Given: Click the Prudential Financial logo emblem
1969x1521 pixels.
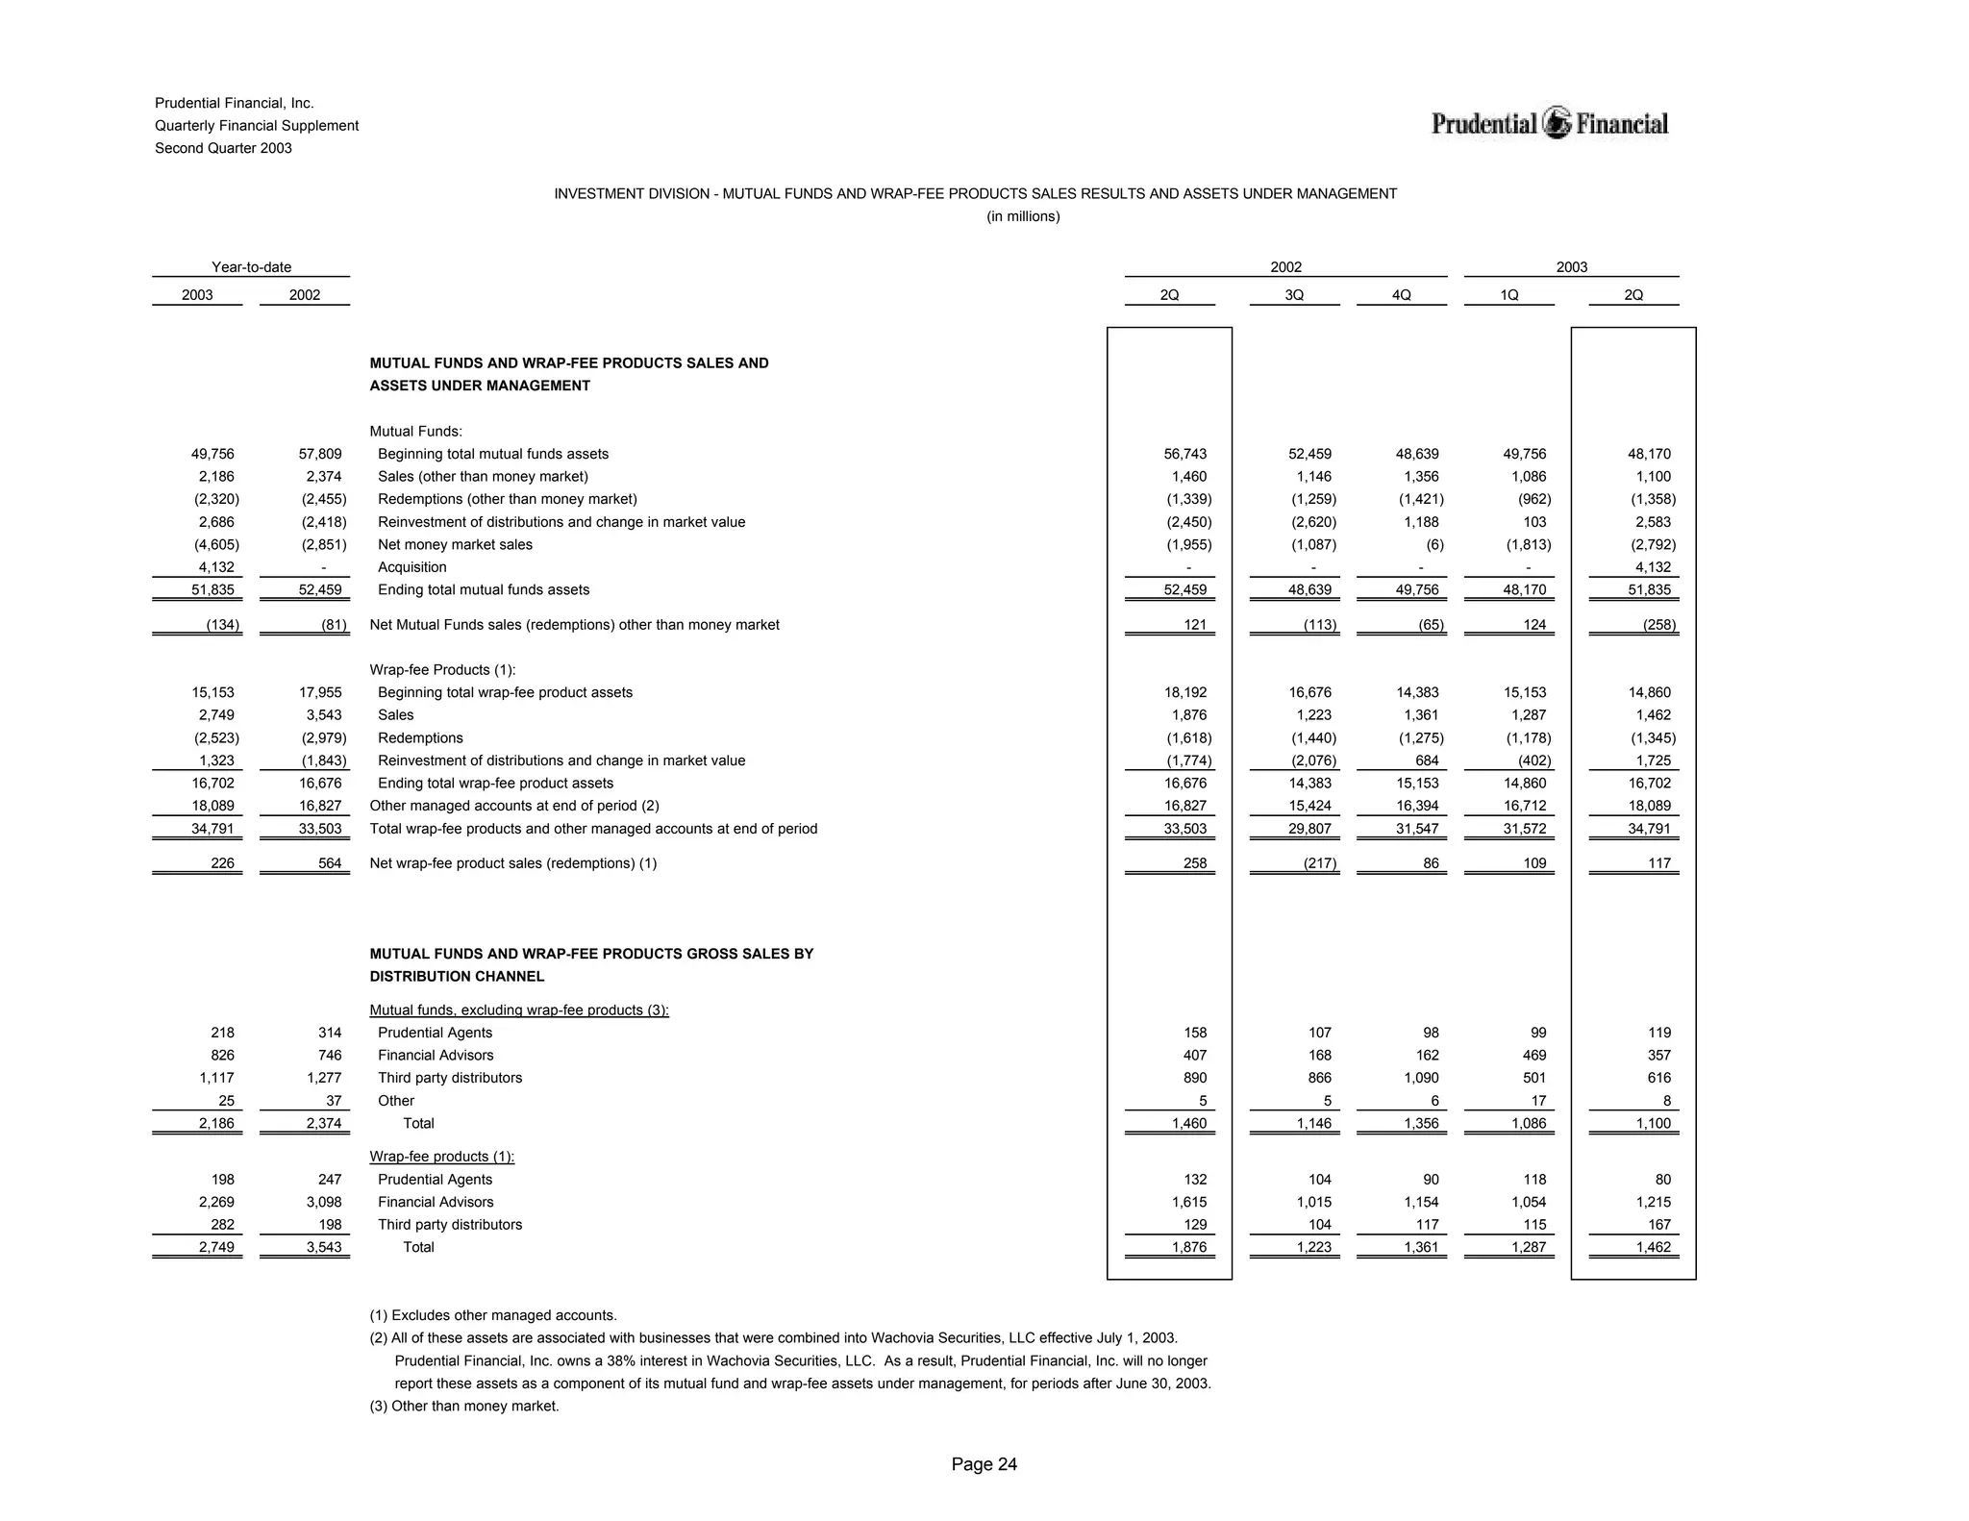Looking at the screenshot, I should [1557, 123].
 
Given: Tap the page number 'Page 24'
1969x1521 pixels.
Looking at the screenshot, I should [984, 1464].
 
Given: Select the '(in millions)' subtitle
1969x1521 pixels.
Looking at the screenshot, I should [1023, 216].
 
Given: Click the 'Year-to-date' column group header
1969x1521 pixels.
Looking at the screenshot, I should [251, 267].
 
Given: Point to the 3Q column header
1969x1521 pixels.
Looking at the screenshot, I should [1294, 295].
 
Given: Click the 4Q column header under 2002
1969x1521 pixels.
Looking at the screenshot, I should [1401, 295].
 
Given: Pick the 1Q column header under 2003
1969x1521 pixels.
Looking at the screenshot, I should [1508, 295].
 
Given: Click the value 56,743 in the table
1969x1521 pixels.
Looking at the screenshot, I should [1184, 454].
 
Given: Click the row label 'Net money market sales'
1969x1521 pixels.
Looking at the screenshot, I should [455, 544].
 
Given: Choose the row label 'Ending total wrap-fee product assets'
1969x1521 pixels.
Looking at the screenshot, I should [495, 783].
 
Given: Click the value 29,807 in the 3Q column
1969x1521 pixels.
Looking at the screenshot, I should [1309, 829].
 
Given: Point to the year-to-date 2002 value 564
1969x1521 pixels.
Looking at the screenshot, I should [329, 863].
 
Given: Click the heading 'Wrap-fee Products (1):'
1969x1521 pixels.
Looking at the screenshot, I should [442, 669].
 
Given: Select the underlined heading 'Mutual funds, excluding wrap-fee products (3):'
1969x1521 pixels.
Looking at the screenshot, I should [519, 1010].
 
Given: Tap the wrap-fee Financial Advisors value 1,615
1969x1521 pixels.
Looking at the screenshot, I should [1188, 1202].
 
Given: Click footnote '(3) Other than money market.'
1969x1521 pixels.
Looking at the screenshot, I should [464, 1406].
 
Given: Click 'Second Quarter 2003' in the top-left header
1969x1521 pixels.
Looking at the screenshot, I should [223, 148].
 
